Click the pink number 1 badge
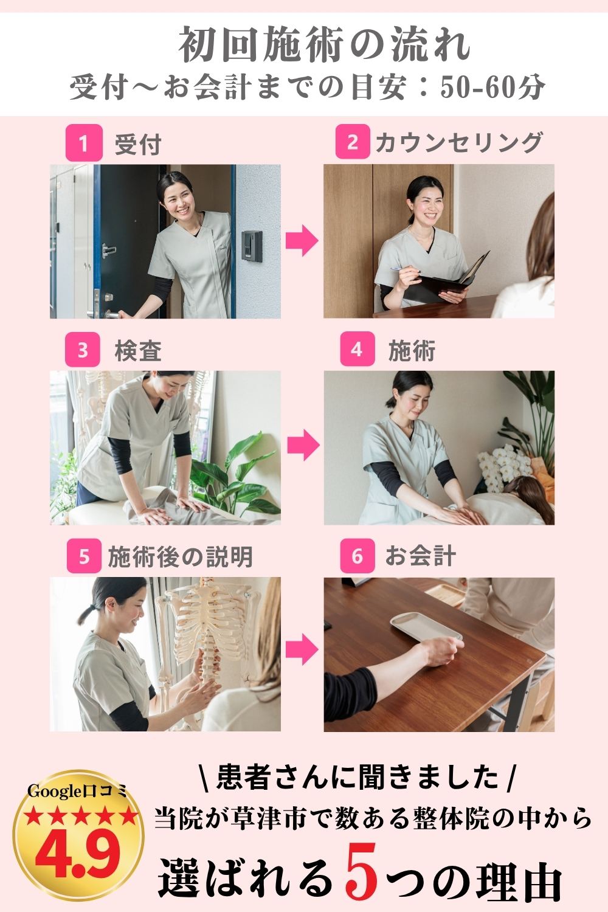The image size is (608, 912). (x=84, y=143)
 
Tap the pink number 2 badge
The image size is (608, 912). (x=353, y=142)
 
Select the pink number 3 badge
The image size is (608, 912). (x=83, y=350)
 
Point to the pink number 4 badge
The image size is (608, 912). (x=357, y=349)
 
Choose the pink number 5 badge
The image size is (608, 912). (x=84, y=556)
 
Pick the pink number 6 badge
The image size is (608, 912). (x=357, y=556)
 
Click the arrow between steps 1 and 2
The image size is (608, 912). (x=302, y=241)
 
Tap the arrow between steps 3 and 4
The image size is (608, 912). (x=303, y=445)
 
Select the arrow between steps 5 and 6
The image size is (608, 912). (x=302, y=649)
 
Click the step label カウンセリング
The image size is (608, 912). (x=459, y=142)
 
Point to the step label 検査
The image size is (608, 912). (x=138, y=351)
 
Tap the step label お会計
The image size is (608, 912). (x=421, y=556)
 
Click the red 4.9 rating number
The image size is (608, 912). (x=78, y=854)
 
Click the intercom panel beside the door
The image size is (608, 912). (x=252, y=245)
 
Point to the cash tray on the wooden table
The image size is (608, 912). (x=426, y=627)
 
